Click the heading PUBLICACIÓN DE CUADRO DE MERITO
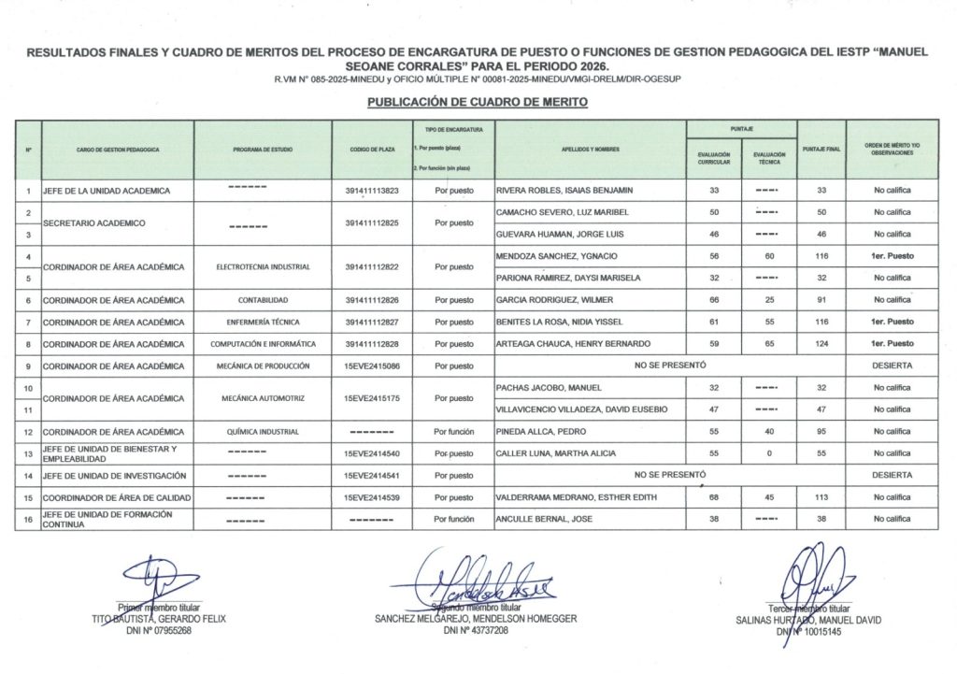click(477, 102)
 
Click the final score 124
click(821, 344)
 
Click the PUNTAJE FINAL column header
click(821, 149)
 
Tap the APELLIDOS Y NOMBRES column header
click(591, 149)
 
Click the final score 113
click(821, 497)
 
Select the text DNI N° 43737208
click(476, 631)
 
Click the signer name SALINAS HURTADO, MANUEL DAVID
click(807, 620)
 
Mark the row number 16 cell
click(28, 519)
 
